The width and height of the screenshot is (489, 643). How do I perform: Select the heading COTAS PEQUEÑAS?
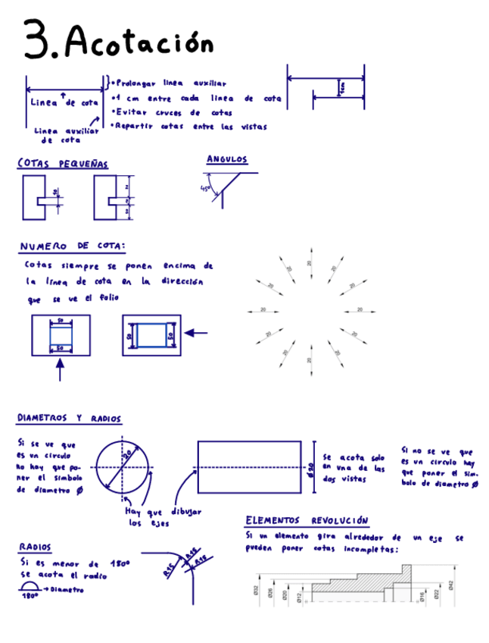point(63,164)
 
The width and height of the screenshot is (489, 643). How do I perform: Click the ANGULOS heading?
point(227,159)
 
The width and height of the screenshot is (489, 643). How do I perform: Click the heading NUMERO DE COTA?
point(73,246)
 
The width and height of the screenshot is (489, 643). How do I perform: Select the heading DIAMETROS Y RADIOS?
point(69,419)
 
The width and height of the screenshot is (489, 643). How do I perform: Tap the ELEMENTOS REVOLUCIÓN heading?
point(307,521)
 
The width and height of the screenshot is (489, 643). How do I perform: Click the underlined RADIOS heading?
point(36,547)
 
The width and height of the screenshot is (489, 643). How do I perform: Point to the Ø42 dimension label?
point(450,585)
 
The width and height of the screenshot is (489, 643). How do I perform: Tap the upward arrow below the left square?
point(60,369)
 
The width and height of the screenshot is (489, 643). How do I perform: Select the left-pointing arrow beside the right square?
point(196,333)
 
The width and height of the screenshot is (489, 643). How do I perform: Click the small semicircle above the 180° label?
point(29,587)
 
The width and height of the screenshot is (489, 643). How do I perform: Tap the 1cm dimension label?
point(343,89)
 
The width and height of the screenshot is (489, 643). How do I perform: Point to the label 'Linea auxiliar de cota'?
point(67,135)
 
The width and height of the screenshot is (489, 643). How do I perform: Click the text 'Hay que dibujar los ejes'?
point(163,517)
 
